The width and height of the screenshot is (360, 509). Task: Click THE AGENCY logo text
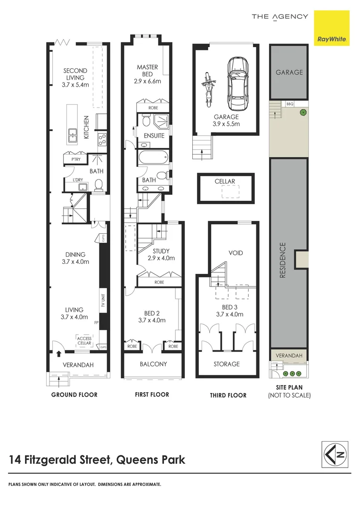[280, 17]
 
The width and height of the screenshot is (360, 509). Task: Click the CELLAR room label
[225, 181]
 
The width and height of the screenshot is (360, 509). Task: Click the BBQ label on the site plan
[289, 104]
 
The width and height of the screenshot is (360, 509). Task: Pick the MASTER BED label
[147, 74]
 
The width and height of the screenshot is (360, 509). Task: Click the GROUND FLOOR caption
[74, 394]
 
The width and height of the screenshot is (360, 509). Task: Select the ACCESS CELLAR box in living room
[85, 340]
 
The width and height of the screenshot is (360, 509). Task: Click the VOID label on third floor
[236, 253]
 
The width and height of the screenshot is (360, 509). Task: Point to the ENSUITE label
[154, 136]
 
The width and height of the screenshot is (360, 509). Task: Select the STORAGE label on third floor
[227, 364]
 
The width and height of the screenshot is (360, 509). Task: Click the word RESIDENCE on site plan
[283, 260]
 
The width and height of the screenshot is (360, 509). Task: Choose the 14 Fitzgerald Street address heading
[97, 460]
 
